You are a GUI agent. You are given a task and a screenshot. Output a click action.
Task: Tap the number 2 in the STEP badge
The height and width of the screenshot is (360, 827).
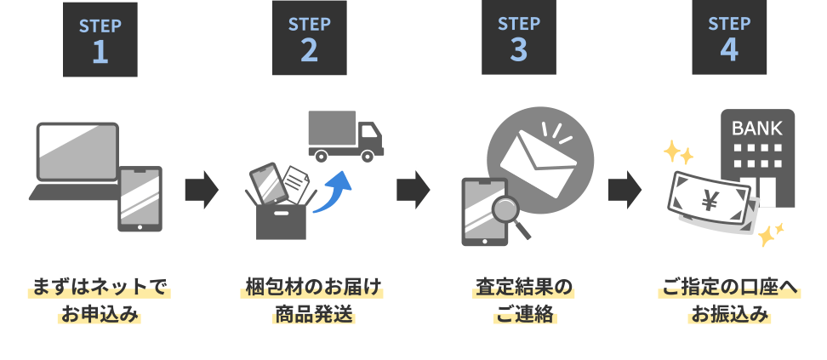tap(309, 51)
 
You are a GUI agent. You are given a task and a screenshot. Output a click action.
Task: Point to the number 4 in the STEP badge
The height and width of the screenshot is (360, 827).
tap(729, 51)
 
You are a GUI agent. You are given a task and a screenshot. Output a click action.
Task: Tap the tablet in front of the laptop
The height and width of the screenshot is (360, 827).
tap(140, 198)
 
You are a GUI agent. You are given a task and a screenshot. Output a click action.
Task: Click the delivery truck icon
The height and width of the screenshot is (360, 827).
tap(345, 137)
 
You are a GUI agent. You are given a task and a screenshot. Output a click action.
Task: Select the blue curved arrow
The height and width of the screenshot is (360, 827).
tap(333, 189)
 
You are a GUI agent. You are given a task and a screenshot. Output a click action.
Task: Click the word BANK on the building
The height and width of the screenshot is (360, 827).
tap(756, 129)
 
